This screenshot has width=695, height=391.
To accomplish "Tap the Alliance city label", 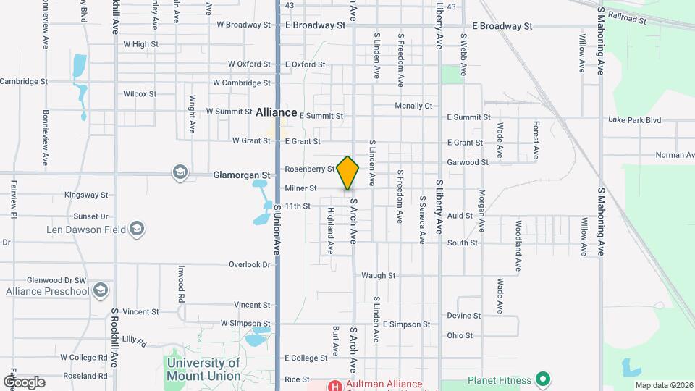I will point(277,112).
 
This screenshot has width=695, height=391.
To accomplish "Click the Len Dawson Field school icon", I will point(136,230).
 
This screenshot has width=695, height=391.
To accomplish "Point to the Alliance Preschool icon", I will point(101,291).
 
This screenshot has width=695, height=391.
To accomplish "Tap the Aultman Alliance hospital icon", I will point(335,384).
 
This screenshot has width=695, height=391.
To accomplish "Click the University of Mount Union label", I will point(203,369).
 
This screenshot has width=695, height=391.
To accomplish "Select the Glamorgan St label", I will point(241,175).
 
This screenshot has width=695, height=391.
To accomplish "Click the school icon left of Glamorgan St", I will point(180,172).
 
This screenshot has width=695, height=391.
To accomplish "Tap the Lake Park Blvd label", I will point(635,119).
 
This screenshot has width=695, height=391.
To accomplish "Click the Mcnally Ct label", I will point(413,106).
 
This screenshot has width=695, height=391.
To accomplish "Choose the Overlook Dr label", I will point(249,265).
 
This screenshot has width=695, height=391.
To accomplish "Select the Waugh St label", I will point(379,276).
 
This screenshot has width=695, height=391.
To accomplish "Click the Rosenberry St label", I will point(310,169).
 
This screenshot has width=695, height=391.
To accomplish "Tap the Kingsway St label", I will point(85,195).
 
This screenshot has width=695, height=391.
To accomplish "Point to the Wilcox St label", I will point(140,94).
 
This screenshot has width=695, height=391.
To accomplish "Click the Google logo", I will point(24,382).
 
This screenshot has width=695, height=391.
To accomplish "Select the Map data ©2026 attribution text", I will point(663,385).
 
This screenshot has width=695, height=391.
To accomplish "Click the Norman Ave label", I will point(675,155).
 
